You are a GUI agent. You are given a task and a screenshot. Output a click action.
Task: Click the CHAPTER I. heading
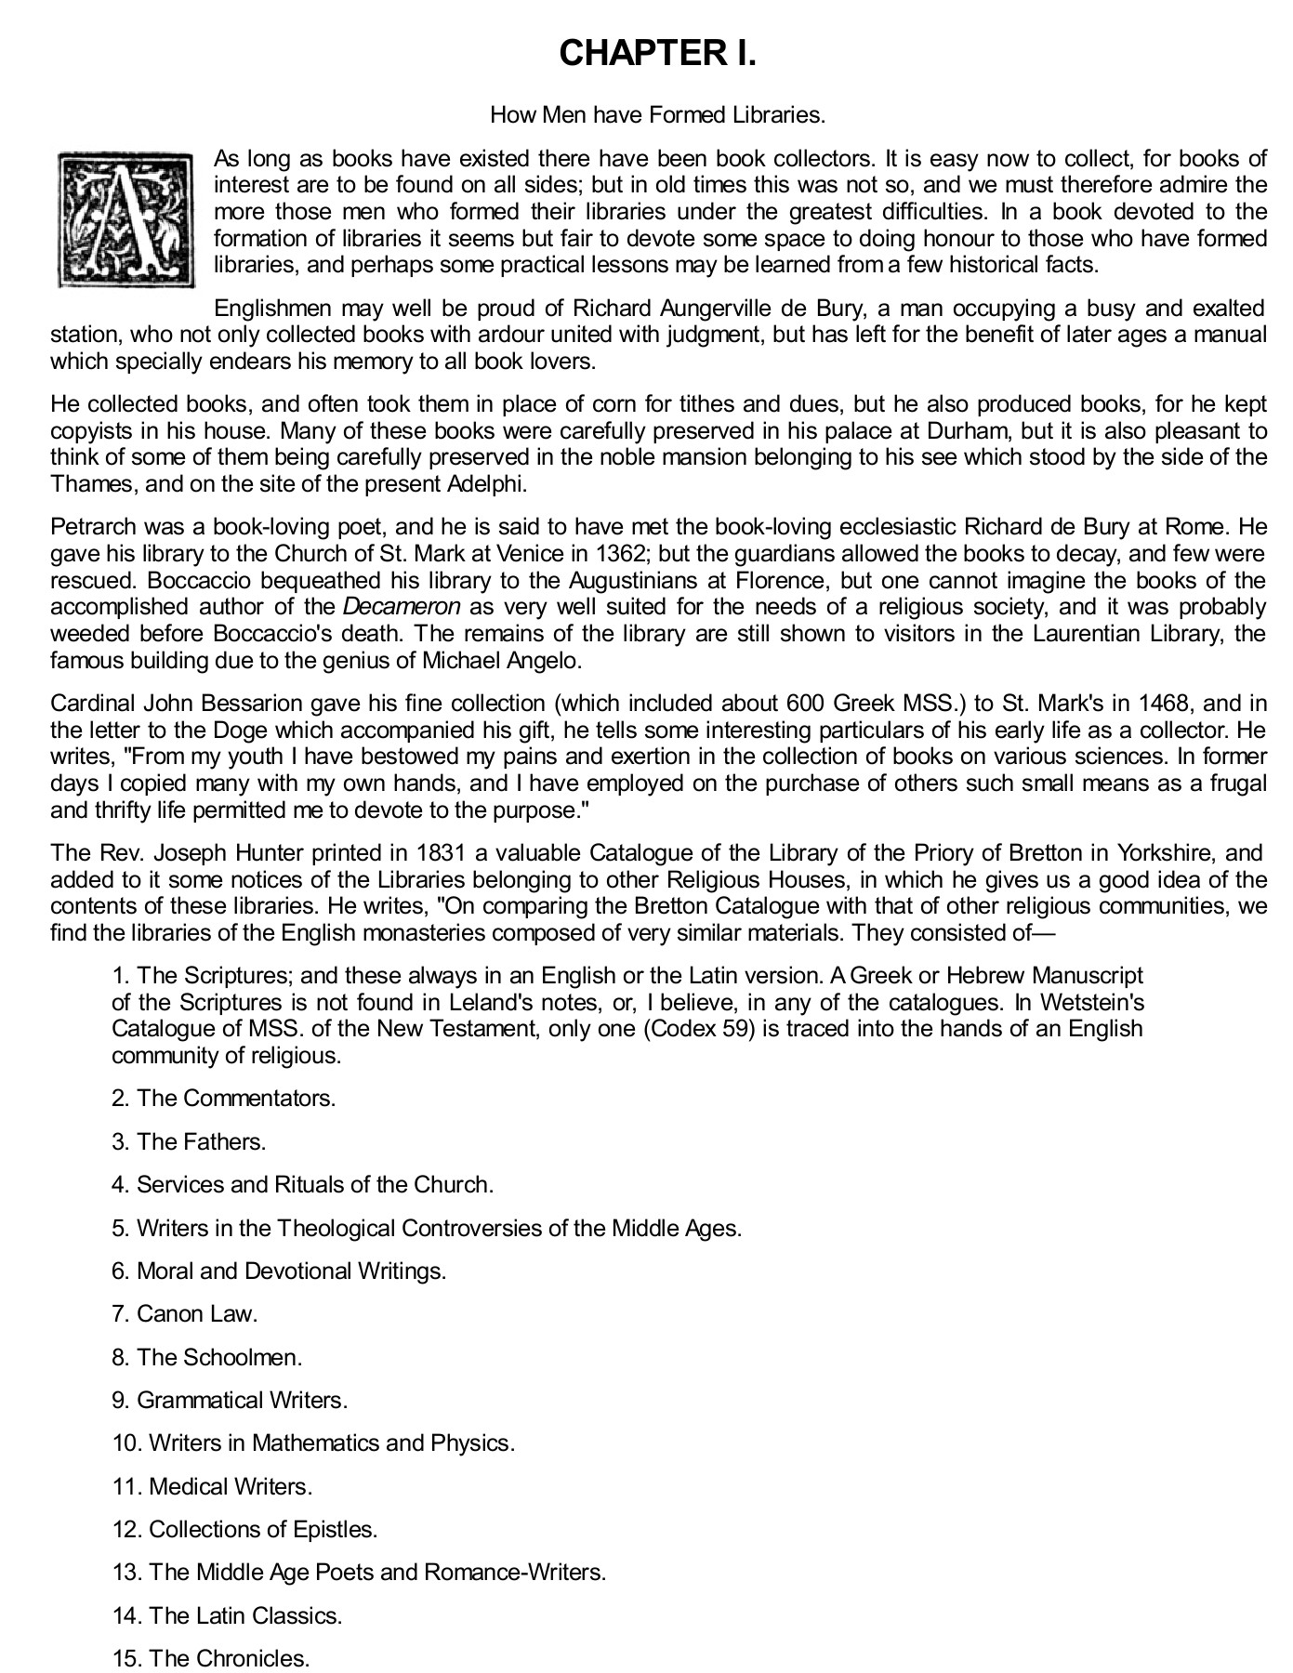tap(657, 54)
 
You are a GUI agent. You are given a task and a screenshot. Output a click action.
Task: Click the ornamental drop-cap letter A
tap(126, 218)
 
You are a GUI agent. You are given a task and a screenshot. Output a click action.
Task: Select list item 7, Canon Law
tap(184, 1313)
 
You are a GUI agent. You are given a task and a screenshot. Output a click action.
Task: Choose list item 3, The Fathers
tap(189, 1141)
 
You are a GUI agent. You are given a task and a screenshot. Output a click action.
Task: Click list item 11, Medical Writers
tap(212, 1486)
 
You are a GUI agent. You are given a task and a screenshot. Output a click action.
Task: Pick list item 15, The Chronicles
tap(210, 1658)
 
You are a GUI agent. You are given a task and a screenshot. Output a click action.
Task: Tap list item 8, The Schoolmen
tap(207, 1357)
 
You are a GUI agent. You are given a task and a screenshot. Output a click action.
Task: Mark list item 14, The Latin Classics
tap(227, 1615)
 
